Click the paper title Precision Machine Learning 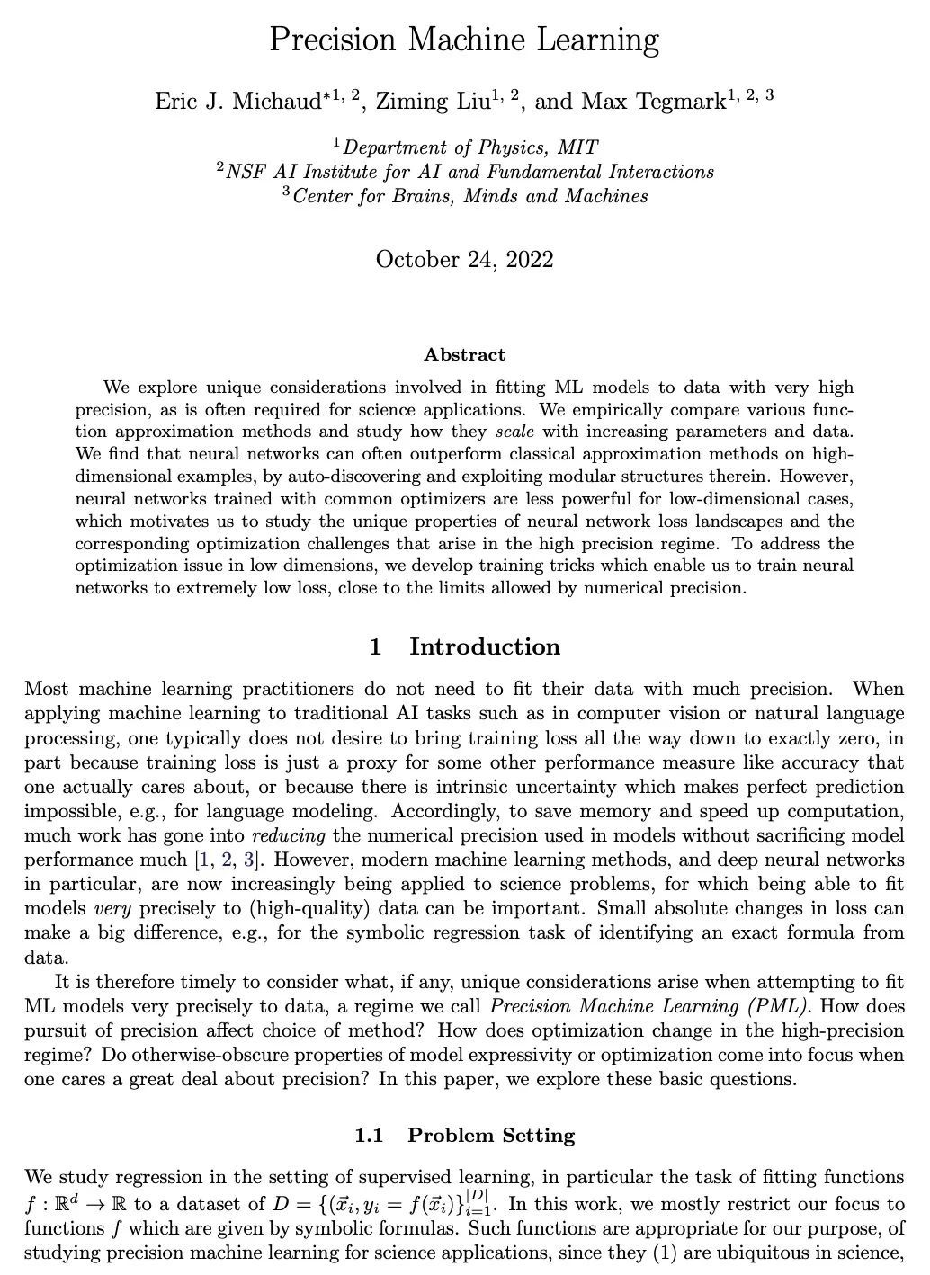click(464, 40)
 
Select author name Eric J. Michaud click(238, 101)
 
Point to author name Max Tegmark click(654, 101)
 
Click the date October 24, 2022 click(464, 260)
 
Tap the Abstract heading click(464, 354)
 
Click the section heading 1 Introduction click(464, 646)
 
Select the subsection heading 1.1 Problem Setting click(464, 1135)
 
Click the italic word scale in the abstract click(514, 432)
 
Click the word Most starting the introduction click(47, 690)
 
